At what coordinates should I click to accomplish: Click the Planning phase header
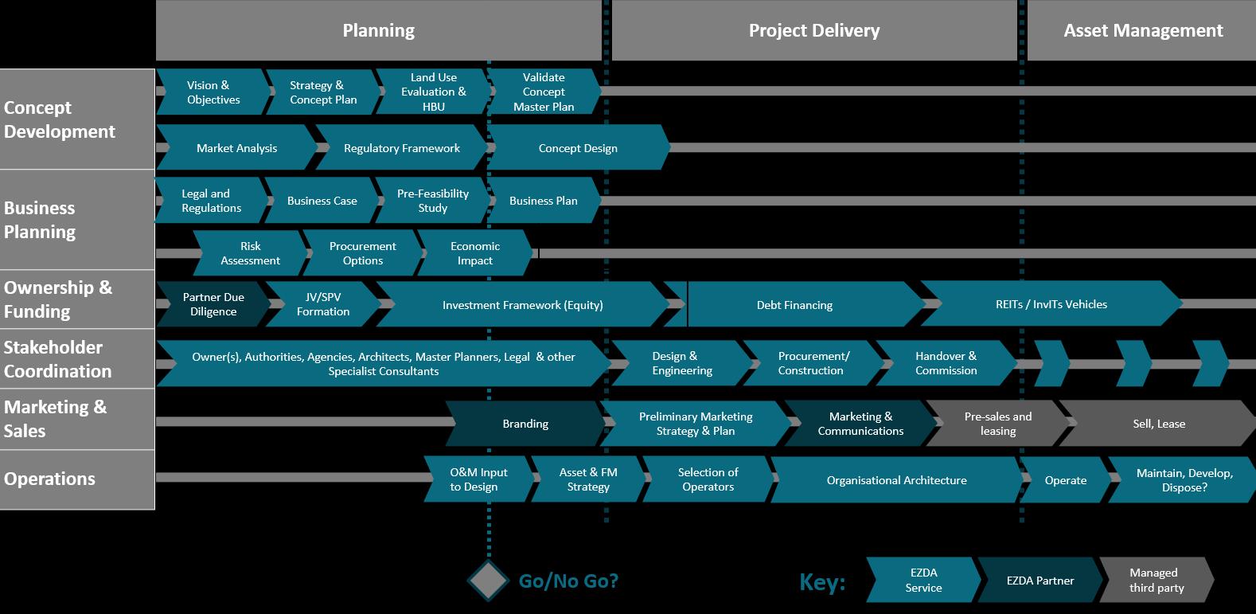click(378, 31)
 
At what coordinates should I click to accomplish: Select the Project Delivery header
click(813, 31)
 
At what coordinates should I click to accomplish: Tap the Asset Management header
click(1142, 31)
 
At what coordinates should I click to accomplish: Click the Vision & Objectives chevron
click(213, 92)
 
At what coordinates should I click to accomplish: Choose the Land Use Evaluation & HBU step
click(433, 92)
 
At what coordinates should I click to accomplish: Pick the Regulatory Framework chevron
click(401, 148)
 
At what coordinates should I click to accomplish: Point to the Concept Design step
click(578, 148)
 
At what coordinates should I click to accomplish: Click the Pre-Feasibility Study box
click(432, 201)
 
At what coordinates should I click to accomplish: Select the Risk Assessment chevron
click(250, 253)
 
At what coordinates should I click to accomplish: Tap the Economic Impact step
click(474, 253)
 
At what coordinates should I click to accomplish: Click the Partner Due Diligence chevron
click(213, 304)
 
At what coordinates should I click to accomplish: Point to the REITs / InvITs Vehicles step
click(1051, 304)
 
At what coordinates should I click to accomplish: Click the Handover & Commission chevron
click(946, 363)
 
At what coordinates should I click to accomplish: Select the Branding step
click(525, 424)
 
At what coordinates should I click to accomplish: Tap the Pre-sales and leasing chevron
click(997, 424)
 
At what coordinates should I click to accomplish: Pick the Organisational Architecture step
click(896, 480)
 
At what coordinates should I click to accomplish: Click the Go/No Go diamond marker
click(488, 581)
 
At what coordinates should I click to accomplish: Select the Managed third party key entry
click(1156, 580)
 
